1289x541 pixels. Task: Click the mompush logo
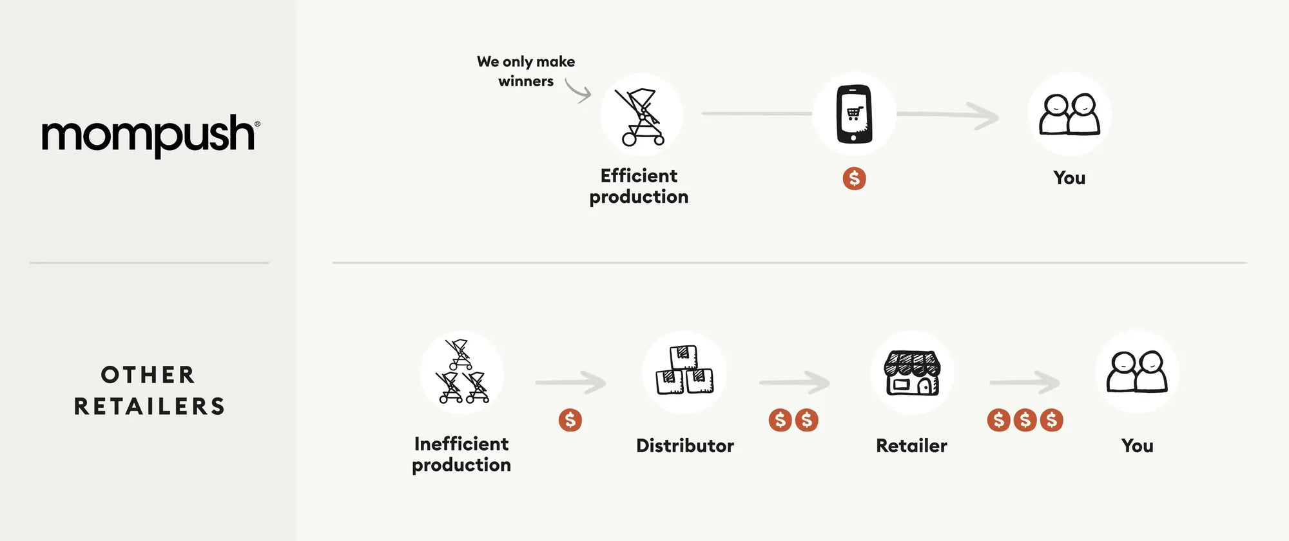coord(151,135)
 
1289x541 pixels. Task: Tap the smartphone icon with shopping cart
coord(854,114)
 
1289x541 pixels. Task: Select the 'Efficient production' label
coord(639,186)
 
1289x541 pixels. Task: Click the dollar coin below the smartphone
coord(854,178)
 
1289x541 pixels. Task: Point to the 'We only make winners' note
coord(526,71)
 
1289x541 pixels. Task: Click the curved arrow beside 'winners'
coord(578,90)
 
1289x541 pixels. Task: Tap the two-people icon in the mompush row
coord(1070,115)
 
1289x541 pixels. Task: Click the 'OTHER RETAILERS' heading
coord(149,390)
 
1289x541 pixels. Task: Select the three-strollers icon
coord(461,372)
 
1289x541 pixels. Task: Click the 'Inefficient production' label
coord(461,454)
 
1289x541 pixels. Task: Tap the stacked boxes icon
coord(684,370)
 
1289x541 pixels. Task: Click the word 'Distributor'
coord(684,446)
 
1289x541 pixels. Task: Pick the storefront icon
coord(912,373)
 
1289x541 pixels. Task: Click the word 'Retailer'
coord(911,446)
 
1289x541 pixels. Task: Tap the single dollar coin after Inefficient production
coord(570,420)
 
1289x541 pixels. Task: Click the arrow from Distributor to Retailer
coord(794,383)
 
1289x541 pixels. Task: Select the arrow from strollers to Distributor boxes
coord(570,383)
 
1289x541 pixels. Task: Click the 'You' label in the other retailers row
coord(1137,446)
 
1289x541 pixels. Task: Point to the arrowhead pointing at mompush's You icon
coord(987,116)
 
